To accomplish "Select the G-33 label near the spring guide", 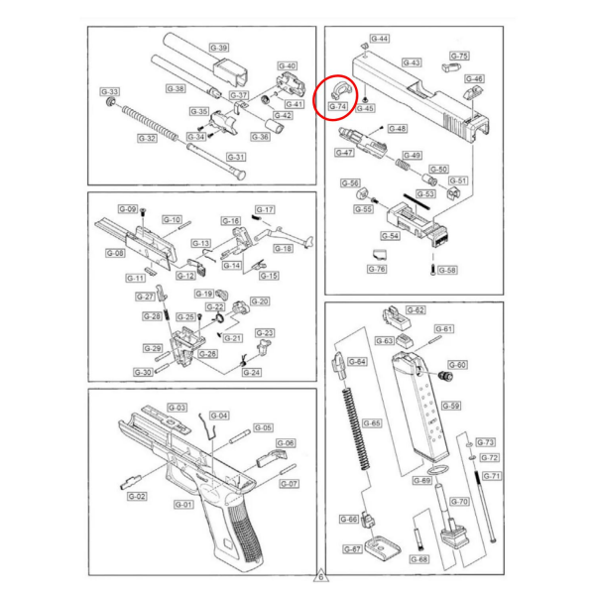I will [x=111, y=91].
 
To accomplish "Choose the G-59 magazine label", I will [x=451, y=406].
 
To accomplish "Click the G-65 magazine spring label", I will [x=371, y=421].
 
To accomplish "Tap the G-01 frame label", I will [x=183, y=504].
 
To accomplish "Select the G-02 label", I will [x=138, y=496].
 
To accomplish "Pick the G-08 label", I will [x=115, y=254].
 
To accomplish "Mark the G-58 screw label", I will [x=447, y=270].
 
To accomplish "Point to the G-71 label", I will [x=492, y=476].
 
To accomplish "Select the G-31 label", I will [x=236, y=157].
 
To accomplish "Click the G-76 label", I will [x=376, y=269].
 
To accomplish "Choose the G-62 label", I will [x=416, y=310].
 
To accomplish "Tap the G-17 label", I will [x=265, y=209].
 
